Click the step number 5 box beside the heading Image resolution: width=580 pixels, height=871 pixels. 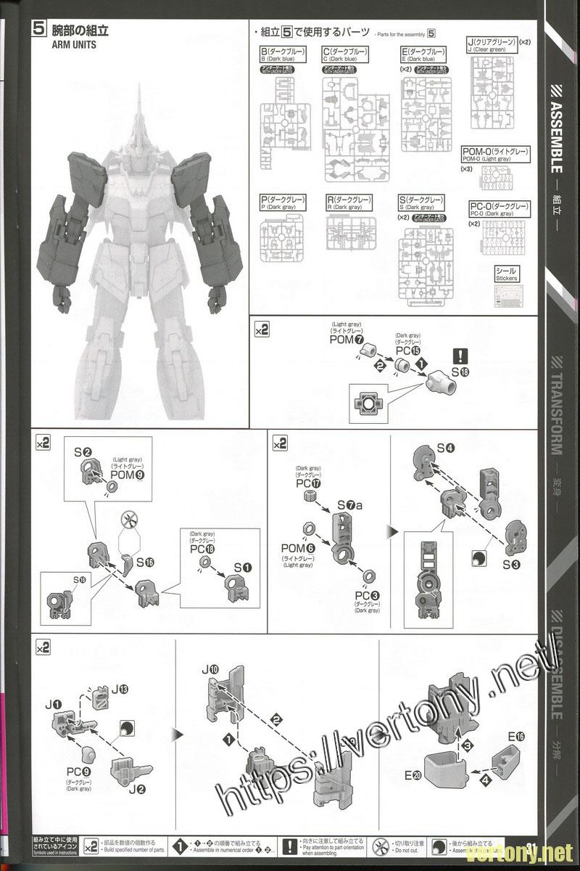(40, 30)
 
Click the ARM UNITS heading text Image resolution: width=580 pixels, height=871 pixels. (75, 44)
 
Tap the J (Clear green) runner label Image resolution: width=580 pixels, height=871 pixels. (490, 46)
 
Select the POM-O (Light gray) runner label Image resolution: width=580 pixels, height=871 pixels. (495, 155)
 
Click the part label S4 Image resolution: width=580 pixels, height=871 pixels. (447, 448)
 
